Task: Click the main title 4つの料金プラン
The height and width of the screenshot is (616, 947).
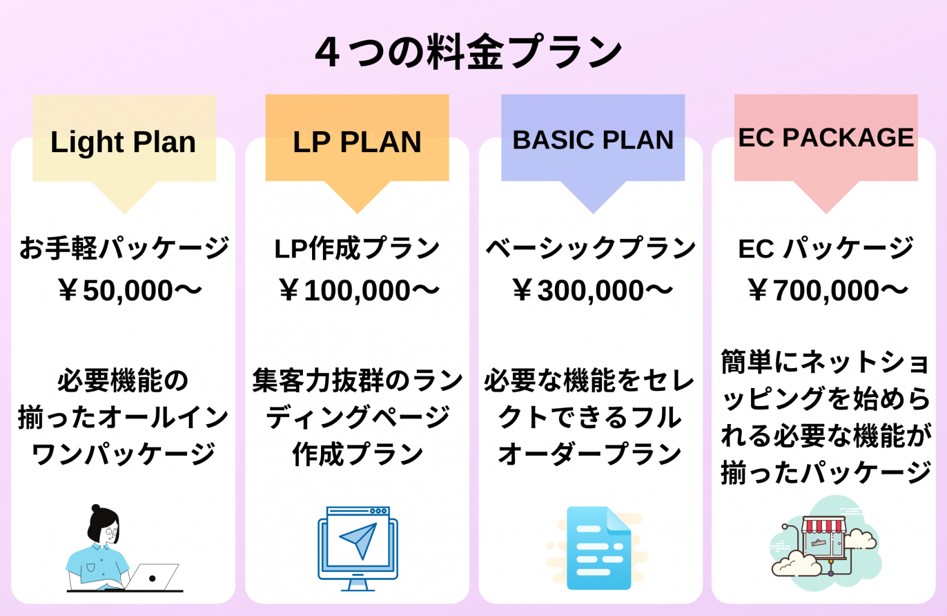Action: [x=468, y=52]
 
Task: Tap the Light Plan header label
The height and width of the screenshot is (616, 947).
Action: [x=123, y=142]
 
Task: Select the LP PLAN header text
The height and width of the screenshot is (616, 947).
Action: [x=357, y=142]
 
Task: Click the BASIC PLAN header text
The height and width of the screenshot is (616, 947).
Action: [x=593, y=140]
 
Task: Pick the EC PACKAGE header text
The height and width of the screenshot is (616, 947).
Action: [x=826, y=138]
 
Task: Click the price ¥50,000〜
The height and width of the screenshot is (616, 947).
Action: [x=130, y=291]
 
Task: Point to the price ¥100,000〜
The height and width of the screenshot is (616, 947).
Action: [x=359, y=291]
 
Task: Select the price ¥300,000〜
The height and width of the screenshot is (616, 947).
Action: [x=592, y=291]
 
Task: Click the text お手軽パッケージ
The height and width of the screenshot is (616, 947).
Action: [x=124, y=248]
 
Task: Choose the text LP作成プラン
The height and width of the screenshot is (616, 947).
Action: [x=357, y=248]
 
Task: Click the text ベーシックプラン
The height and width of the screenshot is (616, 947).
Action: [x=591, y=248]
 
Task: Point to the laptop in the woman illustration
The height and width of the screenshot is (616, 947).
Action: [x=152, y=577]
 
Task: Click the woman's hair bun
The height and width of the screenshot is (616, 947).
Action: [x=96, y=508]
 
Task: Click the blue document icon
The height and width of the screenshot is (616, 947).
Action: [x=599, y=548]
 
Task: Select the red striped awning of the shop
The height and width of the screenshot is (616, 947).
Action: [x=824, y=525]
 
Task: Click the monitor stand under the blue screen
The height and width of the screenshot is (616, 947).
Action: [x=358, y=585]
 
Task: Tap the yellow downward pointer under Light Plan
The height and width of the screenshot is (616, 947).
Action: [x=124, y=197]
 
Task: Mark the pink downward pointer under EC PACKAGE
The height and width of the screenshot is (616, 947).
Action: [x=826, y=197]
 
